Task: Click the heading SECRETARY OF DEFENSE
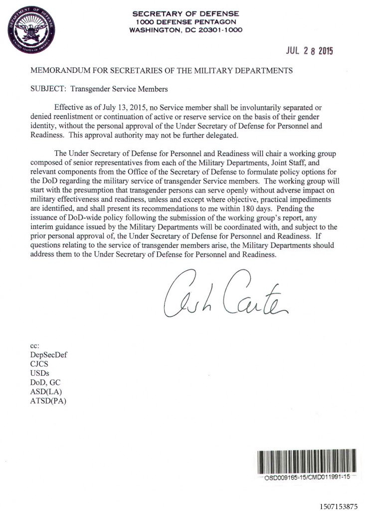185,13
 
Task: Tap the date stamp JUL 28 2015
309,51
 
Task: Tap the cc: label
35,345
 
